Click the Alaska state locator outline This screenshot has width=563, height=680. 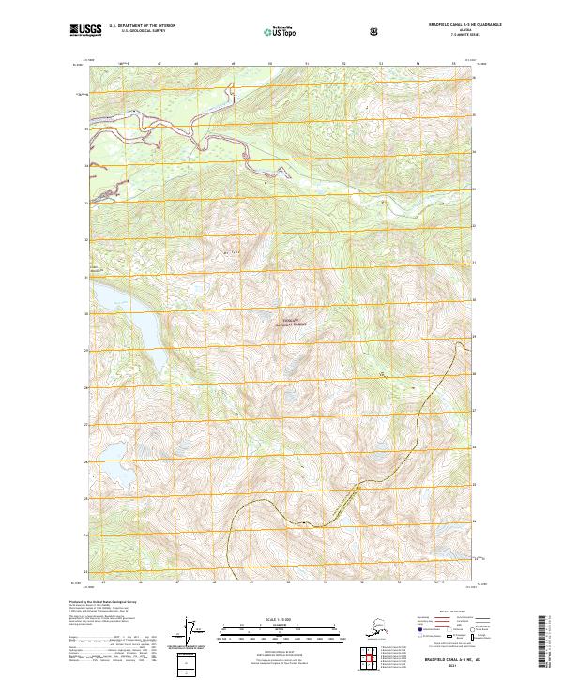point(371,627)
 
